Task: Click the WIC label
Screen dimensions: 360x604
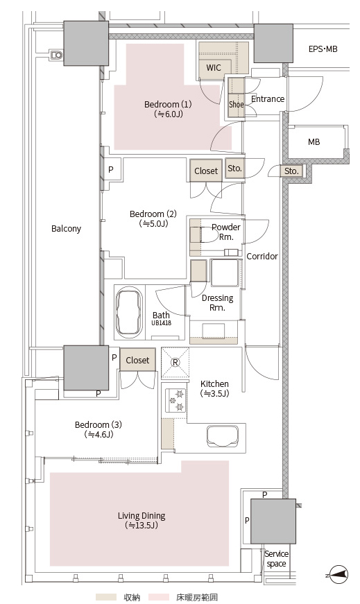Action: click(214, 68)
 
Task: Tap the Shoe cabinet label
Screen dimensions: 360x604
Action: click(237, 104)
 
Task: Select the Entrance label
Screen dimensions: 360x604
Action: click(268, 99)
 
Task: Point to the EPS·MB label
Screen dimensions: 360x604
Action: click(323, 49)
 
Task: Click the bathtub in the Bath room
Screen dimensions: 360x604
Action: click(129, 312)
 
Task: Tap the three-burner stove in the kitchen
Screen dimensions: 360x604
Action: click(175, 400)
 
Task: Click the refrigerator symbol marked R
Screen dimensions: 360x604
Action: click(175, 362)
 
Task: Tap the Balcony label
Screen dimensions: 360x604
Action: click(67, 228)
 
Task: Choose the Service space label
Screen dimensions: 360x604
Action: click(276, 558)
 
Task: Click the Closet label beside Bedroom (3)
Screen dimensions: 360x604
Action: click(137, 360)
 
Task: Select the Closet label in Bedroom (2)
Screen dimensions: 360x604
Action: click(206, 171)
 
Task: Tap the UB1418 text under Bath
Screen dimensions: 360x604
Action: click(161, 322)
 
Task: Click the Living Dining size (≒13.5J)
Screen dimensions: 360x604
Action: click(142, 525)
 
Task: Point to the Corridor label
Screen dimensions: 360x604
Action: click(262, 256)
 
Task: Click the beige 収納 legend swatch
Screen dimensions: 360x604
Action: click(106, 597)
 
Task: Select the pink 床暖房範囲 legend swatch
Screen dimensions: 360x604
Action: click(159, 597)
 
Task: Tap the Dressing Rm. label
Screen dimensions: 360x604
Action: click(217, 303)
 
